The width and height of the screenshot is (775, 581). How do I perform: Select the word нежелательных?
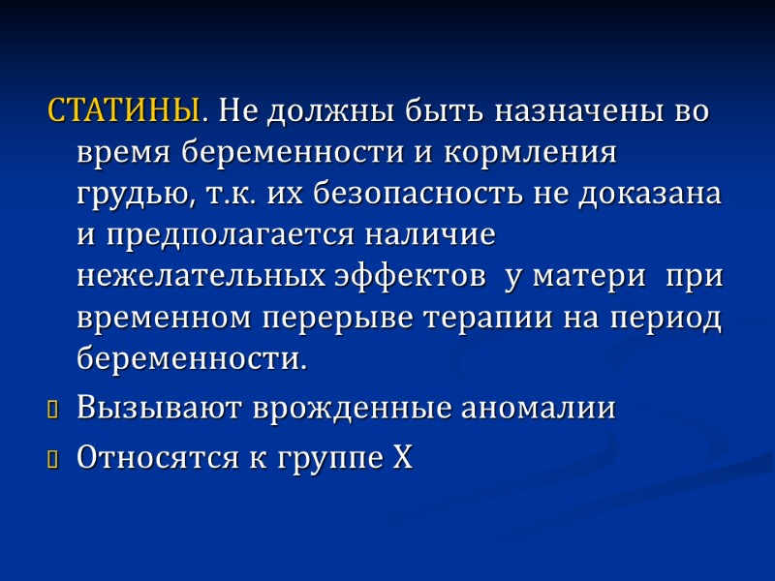201,276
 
